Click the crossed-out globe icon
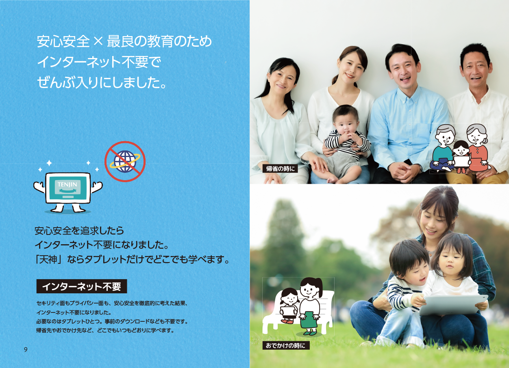click(125, 161)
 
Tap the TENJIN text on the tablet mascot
click(67, 184)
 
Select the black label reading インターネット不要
click(82, 286)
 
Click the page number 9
click(26, 349)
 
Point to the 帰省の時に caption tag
click(280, 168)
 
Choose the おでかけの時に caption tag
click(285, 346)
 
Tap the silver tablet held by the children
click(454, 305)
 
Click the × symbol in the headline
click(98, 41)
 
